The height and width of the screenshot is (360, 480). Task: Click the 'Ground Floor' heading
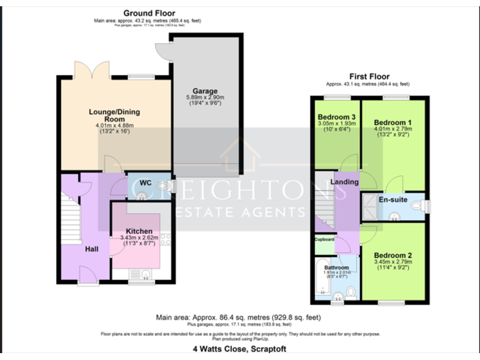click(149, 13)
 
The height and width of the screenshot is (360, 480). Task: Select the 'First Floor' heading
click(367, 76)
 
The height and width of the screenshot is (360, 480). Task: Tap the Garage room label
click(204, 91)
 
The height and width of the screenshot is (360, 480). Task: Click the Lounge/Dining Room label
click(114, 115)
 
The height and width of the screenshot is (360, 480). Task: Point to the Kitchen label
click(139, 231)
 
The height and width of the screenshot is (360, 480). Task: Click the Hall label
click(92, 249)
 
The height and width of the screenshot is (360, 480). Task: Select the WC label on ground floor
click(145, 182)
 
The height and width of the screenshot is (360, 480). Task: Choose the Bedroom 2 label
click(392, 255)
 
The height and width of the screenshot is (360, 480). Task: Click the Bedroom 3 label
click(336, 117)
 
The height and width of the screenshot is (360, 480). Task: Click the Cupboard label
click(324, 239)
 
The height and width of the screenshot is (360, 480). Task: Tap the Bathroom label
click(336, 267)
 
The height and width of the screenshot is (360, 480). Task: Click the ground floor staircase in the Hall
click(71, 219)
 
